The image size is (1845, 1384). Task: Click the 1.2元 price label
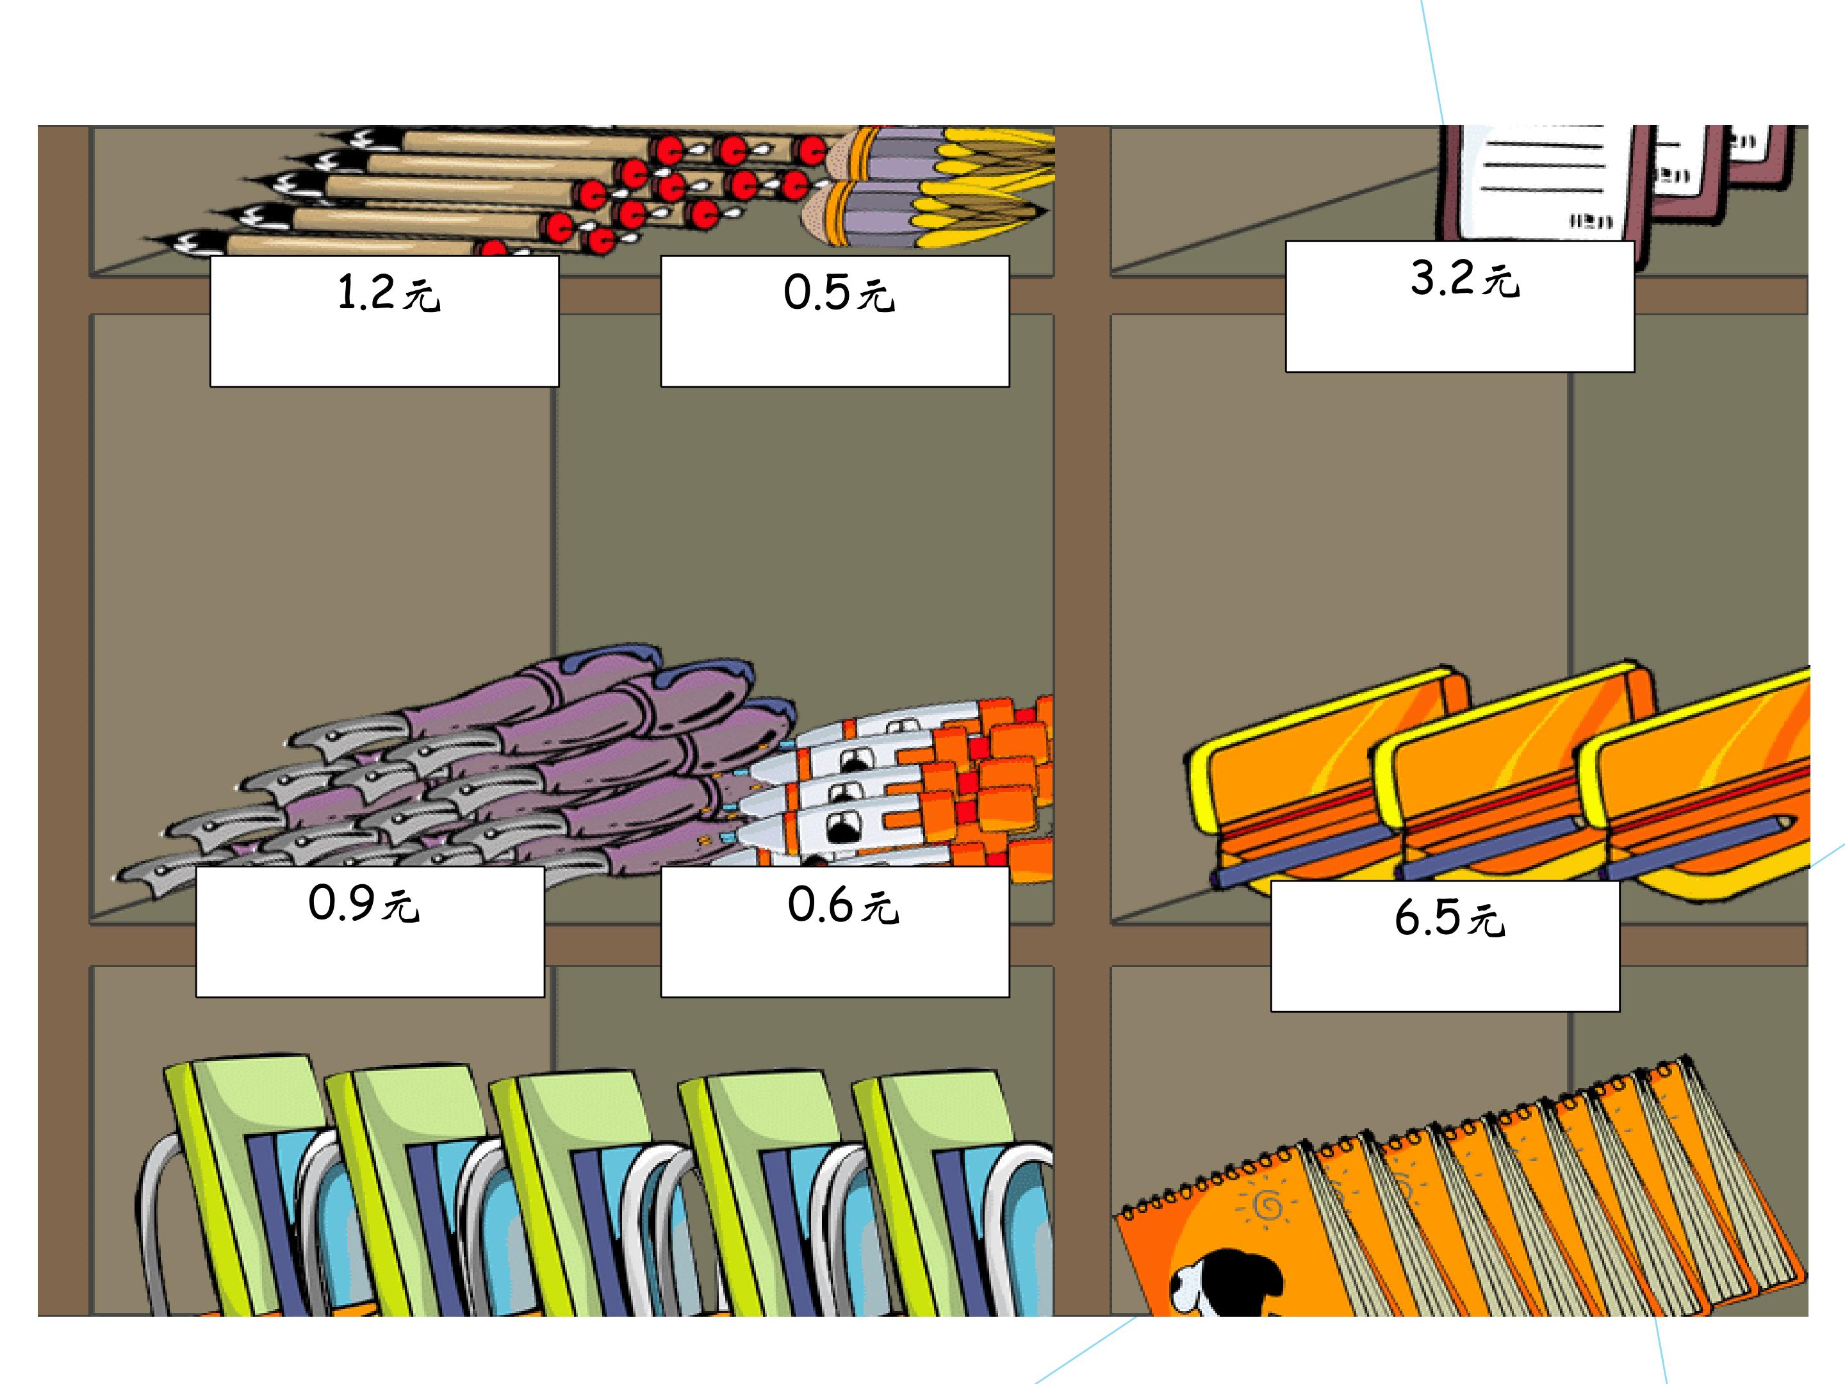(x=384, y=321)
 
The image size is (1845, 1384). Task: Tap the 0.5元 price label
(x=835, y=321)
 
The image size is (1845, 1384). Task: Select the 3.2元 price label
(x=1459, y=306)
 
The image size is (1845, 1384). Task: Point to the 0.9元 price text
(x=364, y=903)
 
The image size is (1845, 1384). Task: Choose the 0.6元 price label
(x=835, y=932)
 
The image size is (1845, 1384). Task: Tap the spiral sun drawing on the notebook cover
(x=1266, y=1204)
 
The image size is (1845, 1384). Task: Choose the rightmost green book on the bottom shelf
(x=951, y=1193)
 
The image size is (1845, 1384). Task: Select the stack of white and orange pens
(x=901, y=784)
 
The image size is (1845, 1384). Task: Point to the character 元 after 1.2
(x=422, y=295)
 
